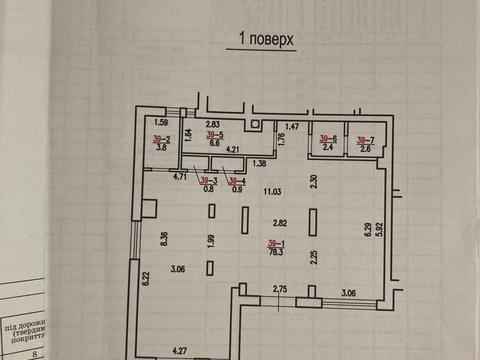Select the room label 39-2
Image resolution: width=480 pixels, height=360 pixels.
coord(161,140)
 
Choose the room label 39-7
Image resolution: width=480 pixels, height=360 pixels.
coord(365,138)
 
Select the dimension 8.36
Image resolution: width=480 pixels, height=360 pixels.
coord(165,237)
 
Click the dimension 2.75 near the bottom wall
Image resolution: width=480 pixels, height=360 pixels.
coord(282,290)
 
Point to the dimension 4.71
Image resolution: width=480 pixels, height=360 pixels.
coord(181,177)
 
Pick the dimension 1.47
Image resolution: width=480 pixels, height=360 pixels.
coord(293,126)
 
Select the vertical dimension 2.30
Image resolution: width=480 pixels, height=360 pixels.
coord(313,181)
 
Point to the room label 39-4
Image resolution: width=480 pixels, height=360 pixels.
coord(236,180)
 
